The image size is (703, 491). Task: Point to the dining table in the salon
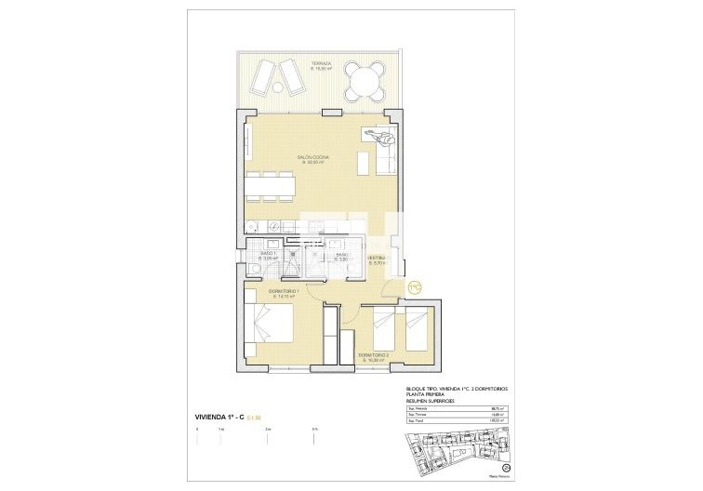click(x=271, y=186)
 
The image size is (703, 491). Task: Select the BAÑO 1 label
click(x=269, y=255)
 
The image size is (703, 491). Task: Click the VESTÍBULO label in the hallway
click(x=377, y=259)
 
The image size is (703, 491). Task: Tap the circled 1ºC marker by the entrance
click(x=415, y=287)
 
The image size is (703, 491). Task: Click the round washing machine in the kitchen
click(x=253, y=226)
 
